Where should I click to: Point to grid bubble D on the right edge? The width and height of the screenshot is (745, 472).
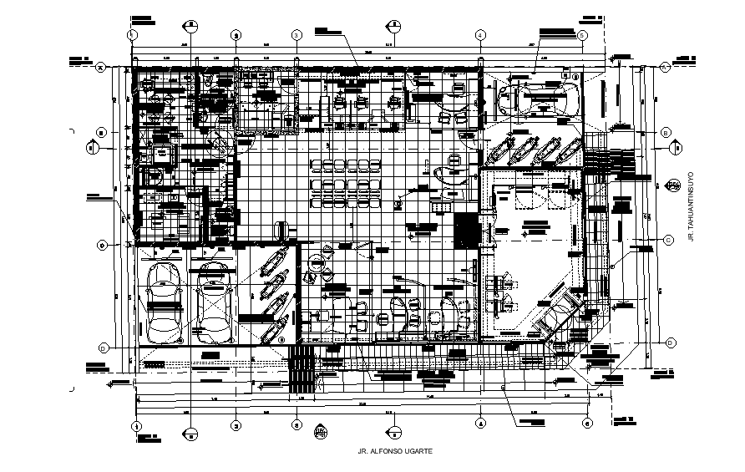click(x=671, y=343)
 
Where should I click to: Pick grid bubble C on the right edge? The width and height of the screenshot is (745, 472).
click(x=669, y=240)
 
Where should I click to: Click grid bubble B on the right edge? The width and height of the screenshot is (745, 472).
click(x=666, y=133)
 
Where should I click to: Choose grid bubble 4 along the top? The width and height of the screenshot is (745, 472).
click(x=480, y=34)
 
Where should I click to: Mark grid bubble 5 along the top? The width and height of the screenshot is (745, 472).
click(x=582, y=34)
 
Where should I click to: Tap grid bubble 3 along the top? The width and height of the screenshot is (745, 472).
click(x=296, y=34)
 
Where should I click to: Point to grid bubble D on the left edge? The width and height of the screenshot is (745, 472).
click(x=103, y=348)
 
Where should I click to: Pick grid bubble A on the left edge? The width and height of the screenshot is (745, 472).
click(x=100, y=67)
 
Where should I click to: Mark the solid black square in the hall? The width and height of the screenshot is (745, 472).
click(x=464, y=229)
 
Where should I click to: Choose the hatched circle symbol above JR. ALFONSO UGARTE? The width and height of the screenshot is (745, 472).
click(x=320, y=431)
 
